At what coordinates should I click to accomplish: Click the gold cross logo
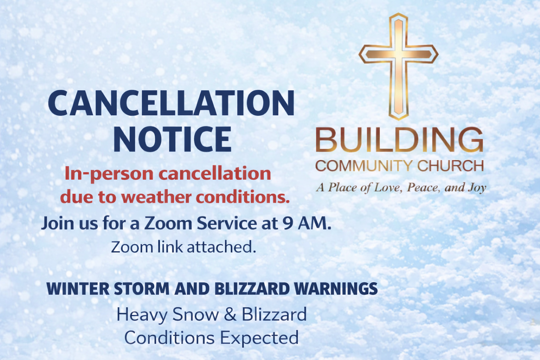(x=399, y=55)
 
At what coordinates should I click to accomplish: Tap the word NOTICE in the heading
(x=172, y=139)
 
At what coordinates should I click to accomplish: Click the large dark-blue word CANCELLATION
(x=171, y=103)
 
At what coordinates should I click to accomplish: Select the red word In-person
(x=109, y=174)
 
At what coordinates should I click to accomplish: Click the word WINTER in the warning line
(x=78, y=289)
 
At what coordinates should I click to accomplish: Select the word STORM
(x=142, y=289)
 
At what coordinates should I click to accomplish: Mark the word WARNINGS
(x=336, y=289)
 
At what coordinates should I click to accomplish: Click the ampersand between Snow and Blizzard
(x=230, y=315)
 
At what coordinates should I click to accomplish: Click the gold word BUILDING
(x=399, y=140)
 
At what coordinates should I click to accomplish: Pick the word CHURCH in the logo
(x=451, y=166)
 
